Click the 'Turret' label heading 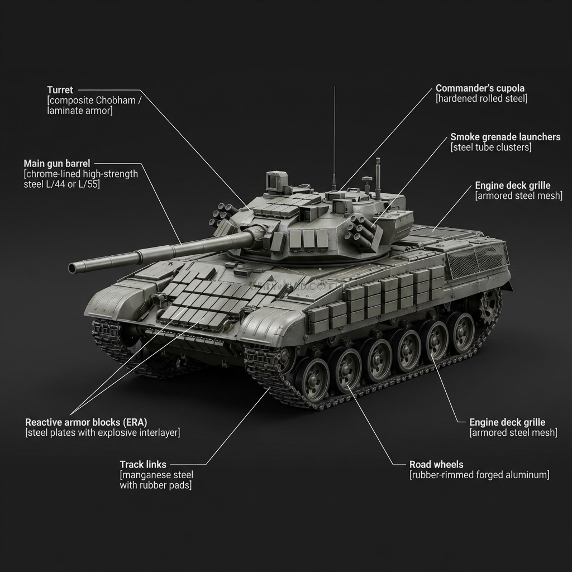tap(60, 90)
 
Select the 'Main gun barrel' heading tap(56, 164)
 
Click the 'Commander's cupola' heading tap(480, 88)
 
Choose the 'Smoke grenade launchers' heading tap(505, 137)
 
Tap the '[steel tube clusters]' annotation tap(490, 147)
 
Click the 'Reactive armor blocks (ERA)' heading tap(86, 422)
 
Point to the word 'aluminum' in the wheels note tap(528, 475)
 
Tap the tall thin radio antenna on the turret tap(334, 134)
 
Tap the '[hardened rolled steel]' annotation tap(481, 99)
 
